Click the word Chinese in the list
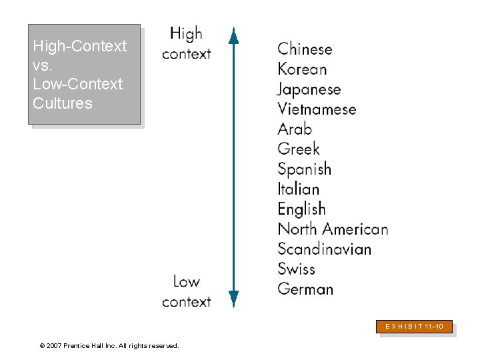click(305, 49)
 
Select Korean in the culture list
click(302, 69)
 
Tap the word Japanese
click(309, 89)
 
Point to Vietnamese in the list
click(317, 109)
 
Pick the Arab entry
click(295, 129)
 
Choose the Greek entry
click(299, 149)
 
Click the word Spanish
click(304, 169)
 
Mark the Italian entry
click(299, 189)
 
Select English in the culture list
click(301, 209)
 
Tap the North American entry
click(333, 229)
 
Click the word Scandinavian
click(324, 249)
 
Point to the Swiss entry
click(296, 269)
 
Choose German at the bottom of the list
click(305, 289)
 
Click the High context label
click(186, 43)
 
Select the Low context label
click(186, 291)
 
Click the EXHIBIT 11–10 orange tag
click(416, 327)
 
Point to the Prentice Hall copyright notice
click(109, 345)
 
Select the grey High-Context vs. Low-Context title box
click(84, 75)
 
